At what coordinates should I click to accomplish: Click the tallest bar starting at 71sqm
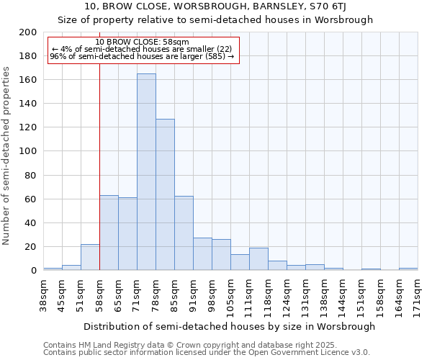[x=146, y=172]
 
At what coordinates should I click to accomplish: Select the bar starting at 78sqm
[x=165, y=194]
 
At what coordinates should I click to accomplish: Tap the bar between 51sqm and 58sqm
[x=90, y=257]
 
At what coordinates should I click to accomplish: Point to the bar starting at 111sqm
[x=258, y=259]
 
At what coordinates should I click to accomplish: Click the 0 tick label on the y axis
[x=33, y=271]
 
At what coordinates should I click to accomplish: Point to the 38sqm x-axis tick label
[x=43, y=294]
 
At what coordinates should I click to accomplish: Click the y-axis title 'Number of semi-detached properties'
[x=7, y=156]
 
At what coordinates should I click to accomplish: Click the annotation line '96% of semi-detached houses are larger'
[x=142, y=56]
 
